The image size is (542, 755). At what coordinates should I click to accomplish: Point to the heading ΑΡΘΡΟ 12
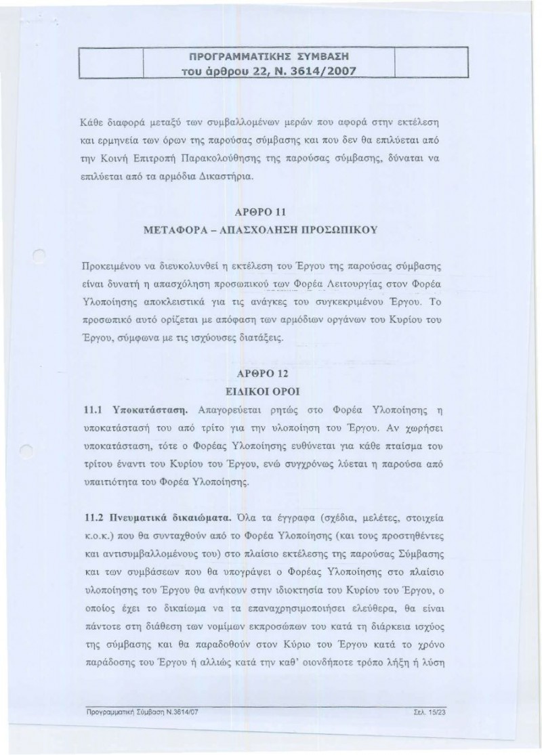point(269,374)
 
